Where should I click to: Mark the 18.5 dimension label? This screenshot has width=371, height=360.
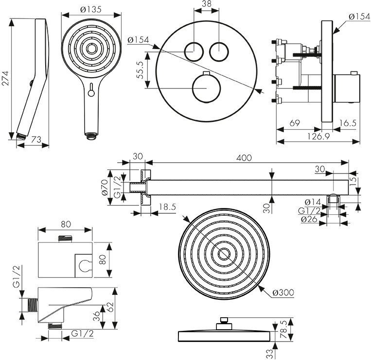pyautogui.click(x=167, y=207)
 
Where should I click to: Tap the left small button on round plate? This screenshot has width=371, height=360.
pyautogui.click(x=194, y=51)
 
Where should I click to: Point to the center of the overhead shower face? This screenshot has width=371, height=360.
pyautogui.click(x=224, y=254)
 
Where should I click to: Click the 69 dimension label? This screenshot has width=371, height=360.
pyautogui.click(x=295, y=123)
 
